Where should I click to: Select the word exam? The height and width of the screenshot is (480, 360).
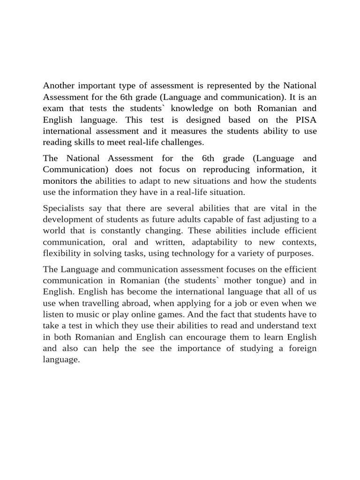click(52, 108)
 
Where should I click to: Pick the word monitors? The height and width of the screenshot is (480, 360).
click(60, 180)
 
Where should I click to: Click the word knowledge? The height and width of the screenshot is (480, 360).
click(207, 108)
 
